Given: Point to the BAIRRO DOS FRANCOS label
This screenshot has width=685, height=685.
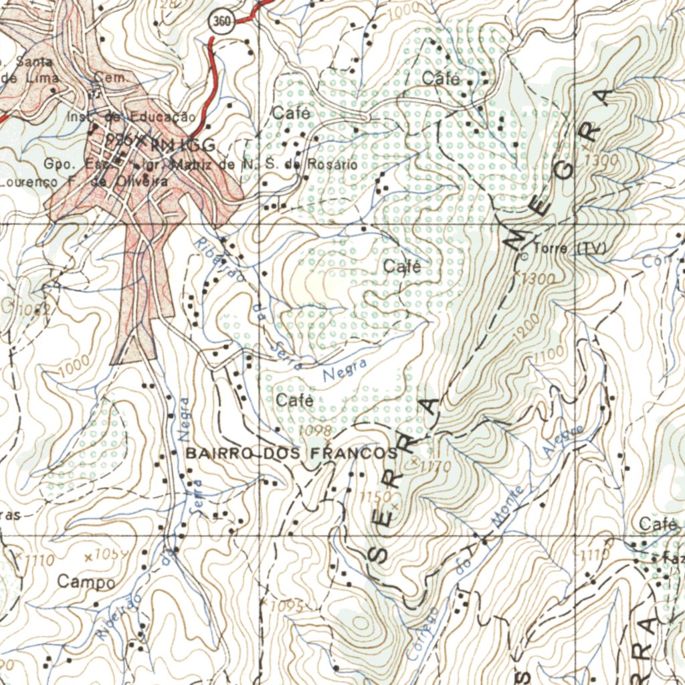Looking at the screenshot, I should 292,454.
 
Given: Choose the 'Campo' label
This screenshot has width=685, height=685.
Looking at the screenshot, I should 86,582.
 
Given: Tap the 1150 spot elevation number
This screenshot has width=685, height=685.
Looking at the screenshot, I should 374,496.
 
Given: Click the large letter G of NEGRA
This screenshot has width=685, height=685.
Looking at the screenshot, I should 564,169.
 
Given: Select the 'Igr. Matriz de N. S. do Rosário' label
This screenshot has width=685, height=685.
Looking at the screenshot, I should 245,164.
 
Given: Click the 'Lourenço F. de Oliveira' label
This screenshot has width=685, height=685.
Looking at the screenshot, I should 84,181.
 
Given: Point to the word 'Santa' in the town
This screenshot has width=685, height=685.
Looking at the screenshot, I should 38,62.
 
